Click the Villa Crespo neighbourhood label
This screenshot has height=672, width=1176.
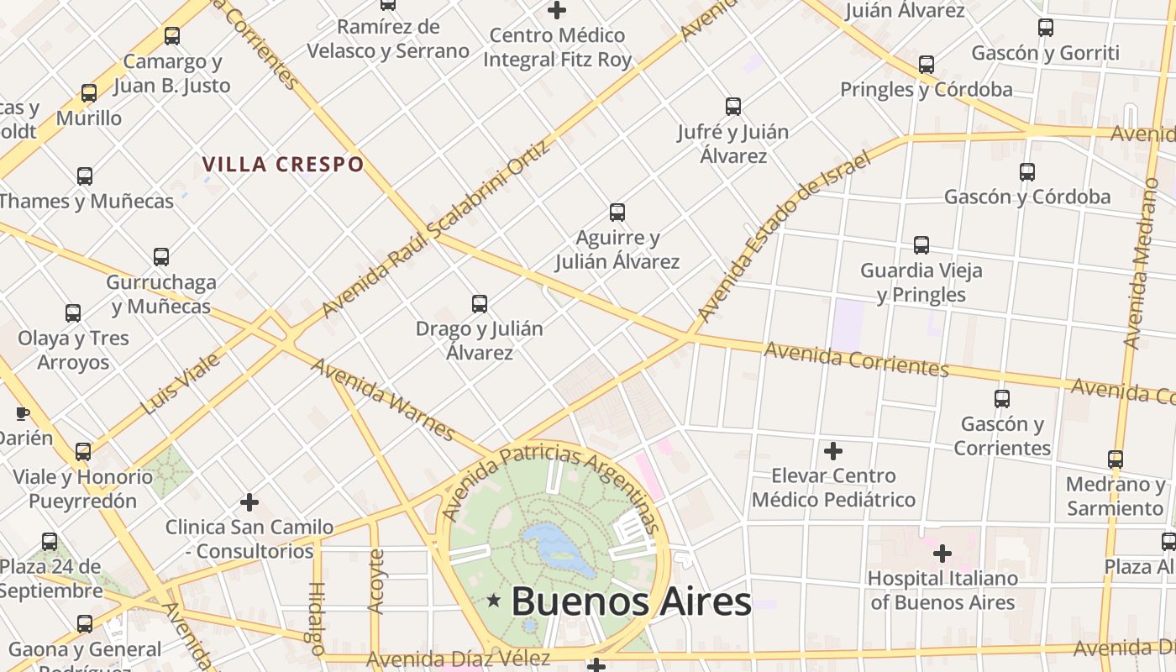(283, 164)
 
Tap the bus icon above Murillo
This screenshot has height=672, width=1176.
(89, 93)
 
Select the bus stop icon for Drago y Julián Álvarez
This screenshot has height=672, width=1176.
(480, 303)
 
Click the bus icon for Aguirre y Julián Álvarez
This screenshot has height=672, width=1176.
(617, 213)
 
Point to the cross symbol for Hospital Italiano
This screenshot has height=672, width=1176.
(942, 554)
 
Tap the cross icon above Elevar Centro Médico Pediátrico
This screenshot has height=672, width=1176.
(832, 451)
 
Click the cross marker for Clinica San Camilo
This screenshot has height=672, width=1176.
(249, 502)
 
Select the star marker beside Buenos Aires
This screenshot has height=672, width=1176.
(494, 601)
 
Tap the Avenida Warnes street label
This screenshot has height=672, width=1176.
(382, 399)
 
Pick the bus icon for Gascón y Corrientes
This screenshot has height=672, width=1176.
(1001, 399)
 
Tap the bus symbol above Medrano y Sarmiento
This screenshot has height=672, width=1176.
(1115, 459)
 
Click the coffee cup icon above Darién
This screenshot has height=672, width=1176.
(23, 412)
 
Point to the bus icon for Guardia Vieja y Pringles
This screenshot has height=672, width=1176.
(921, 245)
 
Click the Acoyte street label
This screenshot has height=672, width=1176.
(376, 580)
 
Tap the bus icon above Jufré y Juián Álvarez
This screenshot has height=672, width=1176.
(733, 107)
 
